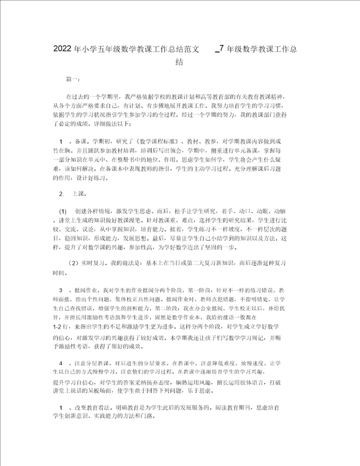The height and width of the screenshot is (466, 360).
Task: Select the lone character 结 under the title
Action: [179, 62]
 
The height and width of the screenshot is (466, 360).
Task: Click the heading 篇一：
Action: [72, 79]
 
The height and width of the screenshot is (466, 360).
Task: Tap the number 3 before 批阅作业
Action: [61, 290]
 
